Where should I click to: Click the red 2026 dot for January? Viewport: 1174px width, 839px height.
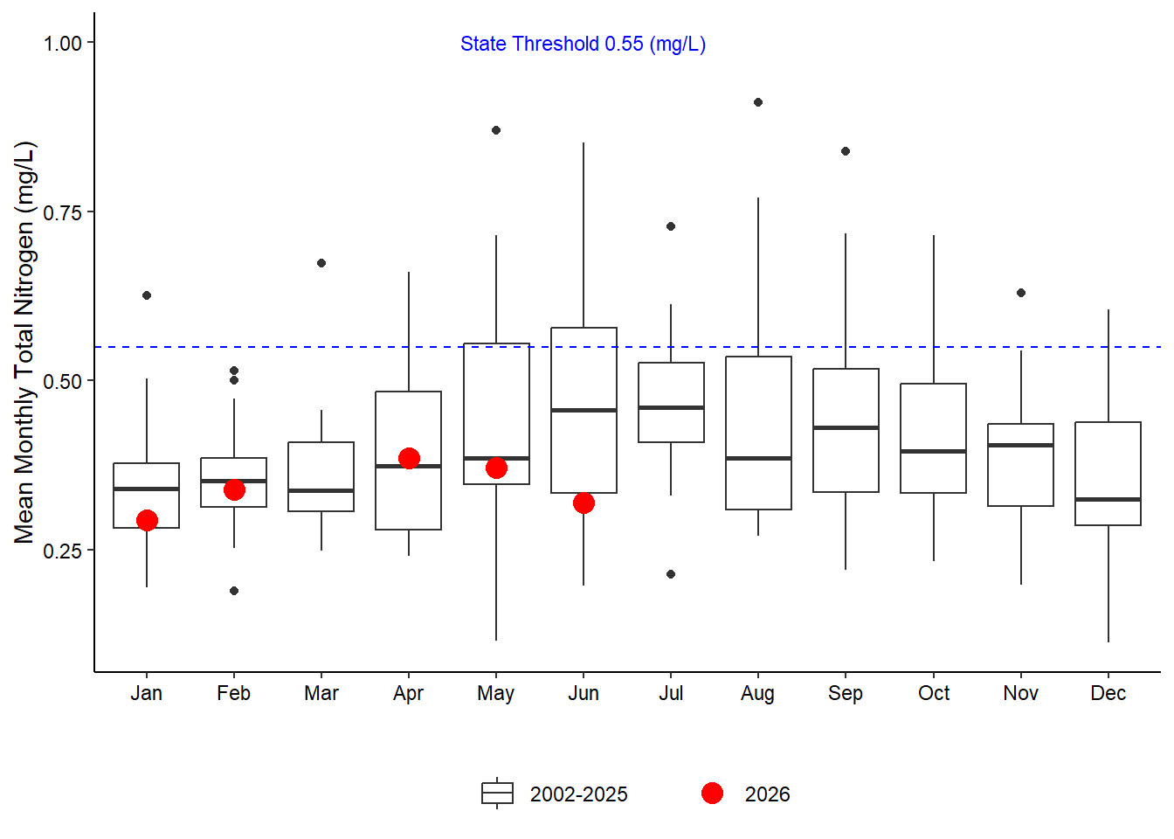click(147, 521)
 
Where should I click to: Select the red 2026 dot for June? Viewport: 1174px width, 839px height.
click(584, 503)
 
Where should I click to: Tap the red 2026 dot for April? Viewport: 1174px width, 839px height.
click(409, 458)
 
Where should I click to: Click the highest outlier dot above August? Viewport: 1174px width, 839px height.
click(758, 102)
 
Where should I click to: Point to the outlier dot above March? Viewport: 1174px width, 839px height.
click(321, 263)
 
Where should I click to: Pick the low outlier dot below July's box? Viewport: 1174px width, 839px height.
click(671, 574)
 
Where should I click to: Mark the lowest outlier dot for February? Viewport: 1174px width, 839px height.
click(234, 591)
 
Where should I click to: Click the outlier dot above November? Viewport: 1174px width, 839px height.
click(1021, 293)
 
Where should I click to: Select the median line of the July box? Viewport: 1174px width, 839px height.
click(671, 407)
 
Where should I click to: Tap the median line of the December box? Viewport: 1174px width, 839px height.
click(1108, 499)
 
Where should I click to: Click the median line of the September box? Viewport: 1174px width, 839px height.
click(846, 428)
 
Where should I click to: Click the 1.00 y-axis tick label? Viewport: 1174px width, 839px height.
click(62, 44)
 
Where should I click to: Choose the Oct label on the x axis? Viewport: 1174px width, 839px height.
click(934, 693)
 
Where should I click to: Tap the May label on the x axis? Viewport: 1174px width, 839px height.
click(496, 694)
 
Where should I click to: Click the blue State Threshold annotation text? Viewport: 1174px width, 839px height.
click(583, 44)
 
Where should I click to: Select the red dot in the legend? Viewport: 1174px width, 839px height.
click(712, 794)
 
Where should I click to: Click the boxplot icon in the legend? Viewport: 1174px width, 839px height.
click(497, 794)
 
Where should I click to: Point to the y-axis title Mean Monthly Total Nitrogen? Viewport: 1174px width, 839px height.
click(24, 343)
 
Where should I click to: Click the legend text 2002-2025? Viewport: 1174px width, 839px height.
click(578, 794)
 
